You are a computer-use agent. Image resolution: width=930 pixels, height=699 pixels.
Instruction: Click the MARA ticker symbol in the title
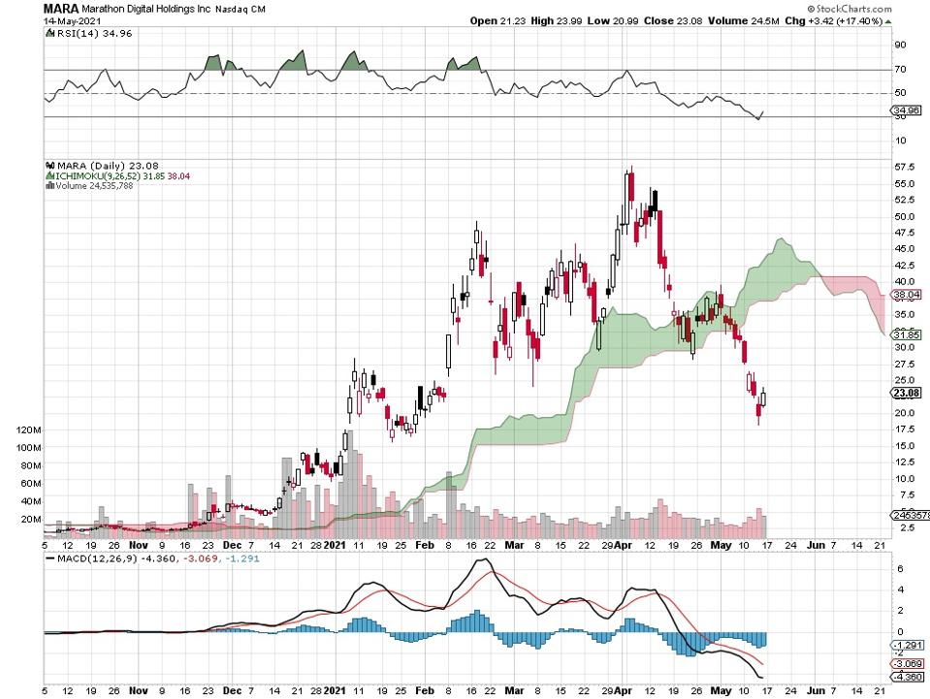click(60, 8)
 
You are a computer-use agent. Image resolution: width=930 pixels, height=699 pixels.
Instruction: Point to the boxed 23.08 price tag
click(907, 393)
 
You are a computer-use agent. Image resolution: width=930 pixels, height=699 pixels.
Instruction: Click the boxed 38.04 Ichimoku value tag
click(907, 294)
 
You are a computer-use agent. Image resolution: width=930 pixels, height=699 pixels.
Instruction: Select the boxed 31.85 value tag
click(907, 334)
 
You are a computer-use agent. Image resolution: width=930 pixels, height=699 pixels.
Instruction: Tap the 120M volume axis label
click(27, 429)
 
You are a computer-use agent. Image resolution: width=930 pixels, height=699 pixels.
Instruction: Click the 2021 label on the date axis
click(335, 545)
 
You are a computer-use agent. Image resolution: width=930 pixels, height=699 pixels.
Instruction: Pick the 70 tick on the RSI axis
click(901, 70)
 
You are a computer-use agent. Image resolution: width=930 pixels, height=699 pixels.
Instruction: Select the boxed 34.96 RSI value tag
click(907, 111)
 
